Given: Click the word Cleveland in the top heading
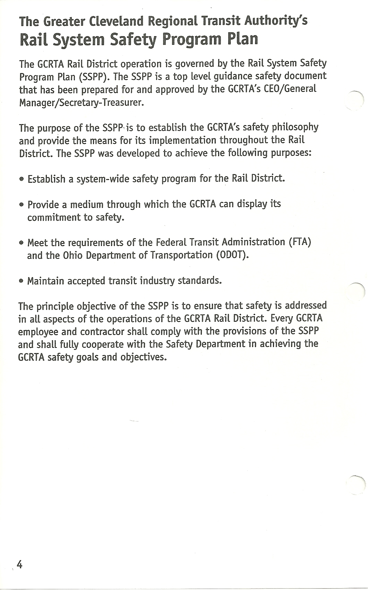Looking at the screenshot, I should click(117, 22).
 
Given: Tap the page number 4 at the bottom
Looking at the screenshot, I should click(19, 565).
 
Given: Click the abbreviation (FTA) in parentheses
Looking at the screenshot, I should click(300, 241).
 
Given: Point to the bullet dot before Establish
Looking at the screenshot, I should click(22, 180).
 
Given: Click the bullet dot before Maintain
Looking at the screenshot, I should click(22, 281).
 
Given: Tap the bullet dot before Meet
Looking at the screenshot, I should click(22, 242).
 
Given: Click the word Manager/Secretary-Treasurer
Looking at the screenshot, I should click(81, 103).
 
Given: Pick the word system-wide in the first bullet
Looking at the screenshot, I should click(98, 179).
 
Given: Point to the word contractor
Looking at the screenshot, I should click(102, 331).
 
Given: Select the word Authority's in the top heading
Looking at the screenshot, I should click(276, 22).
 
